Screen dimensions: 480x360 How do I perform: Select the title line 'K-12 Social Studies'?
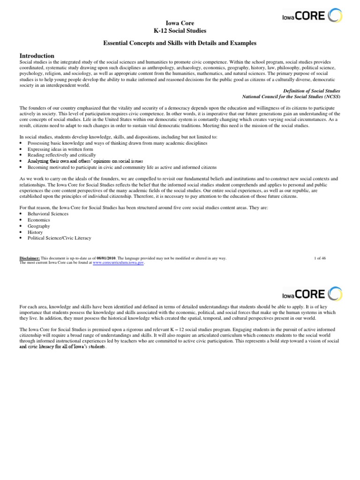tap(180, 30)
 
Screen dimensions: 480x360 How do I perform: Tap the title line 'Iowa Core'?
tap(180, 22)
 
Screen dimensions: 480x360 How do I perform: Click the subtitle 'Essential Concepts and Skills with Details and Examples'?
tap(180, 43)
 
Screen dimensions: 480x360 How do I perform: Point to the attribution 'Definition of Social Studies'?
tap(312, 90)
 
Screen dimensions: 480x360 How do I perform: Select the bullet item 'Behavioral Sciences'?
tap(48, 214)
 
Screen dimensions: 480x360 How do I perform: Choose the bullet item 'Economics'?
tap(39, 220)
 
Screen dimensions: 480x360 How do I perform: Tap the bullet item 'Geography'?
tap(39, 226)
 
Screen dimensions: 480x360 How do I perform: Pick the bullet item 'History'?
tap(35, 232)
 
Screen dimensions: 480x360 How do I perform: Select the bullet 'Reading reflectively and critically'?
tap(62, 155)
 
